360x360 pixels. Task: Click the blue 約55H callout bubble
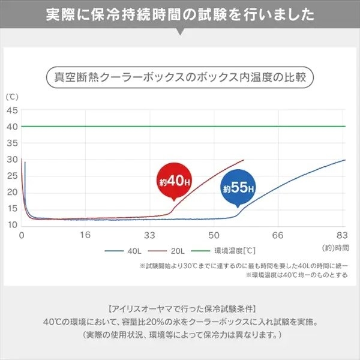pyautogui.click(x=238, y=188)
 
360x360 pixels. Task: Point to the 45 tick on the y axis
pyautogui.click(x=12, y=110)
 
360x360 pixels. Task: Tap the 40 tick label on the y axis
pyautogui.click(x=12, y=127)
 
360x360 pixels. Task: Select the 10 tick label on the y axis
pyautogui.click(x=12, y=224)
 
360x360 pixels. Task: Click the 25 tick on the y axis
pyautogui.click(x=12, y=176)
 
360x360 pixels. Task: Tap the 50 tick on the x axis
pyautogui.click(x=213, y=235)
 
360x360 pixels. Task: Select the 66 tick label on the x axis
pyautogui.click(x=277, y=235)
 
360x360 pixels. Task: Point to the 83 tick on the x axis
pyautogui.click(x=342, y=235)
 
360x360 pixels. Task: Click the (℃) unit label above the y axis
pyautogui.click(x=12, y=97)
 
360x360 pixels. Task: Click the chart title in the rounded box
pyautogui.click(x=180, y=77)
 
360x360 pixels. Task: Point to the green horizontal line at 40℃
pyautogui.click(x=180, y=127)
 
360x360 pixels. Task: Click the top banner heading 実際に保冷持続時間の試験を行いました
pyautogui.click(x=180, y=13)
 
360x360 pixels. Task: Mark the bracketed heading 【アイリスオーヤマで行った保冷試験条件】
pyautogui.click(x=180, y=309)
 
